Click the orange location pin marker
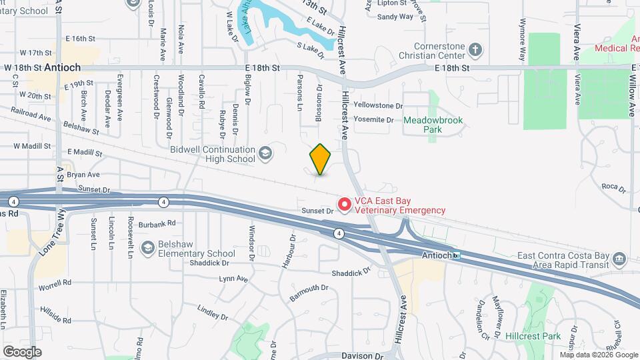(x=321, y=159)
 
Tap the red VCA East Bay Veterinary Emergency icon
(x=345, y=205)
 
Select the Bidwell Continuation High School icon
(x=265, y=155)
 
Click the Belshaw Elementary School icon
(x=148, y=249)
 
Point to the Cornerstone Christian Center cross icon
(x=475, y=49)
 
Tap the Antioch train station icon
(x=457, y=255)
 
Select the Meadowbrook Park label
(x=433, y=125)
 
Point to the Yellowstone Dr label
(x=378, y=105)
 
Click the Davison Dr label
(x=365, y=355)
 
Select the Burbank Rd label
(x=157, y=223)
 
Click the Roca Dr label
(x=613, y=187)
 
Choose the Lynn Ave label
(x=233, y=278)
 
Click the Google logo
(x=21, y=351)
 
